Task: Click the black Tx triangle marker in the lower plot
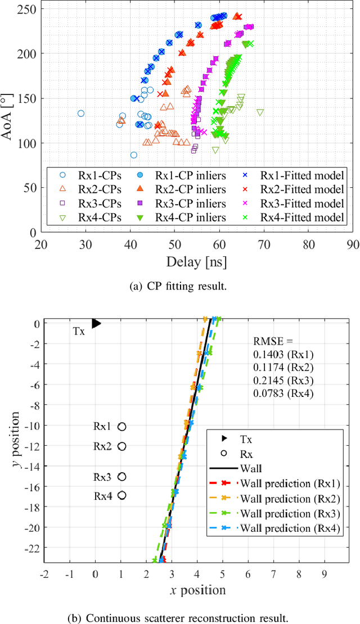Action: [x=96, y=323]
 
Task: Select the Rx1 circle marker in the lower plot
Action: [x=121, y=427]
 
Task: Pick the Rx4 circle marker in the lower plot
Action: [x=121, y=495]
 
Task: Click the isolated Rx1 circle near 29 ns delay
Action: [x=81, y=114]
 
